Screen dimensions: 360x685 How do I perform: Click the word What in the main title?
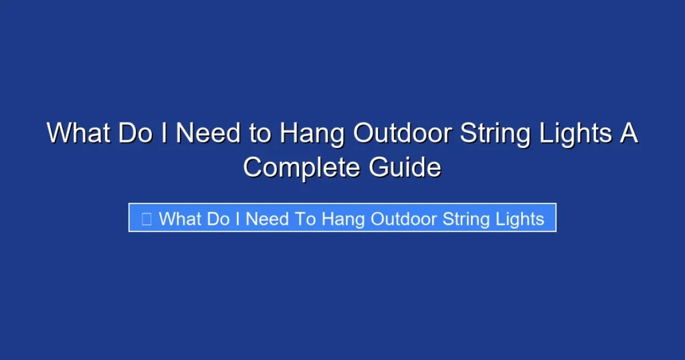point(78,134)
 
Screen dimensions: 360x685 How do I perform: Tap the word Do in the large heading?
point(136,134)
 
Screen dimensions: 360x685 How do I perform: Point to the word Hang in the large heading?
point(311,134)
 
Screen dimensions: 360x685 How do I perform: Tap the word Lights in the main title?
point(576,134)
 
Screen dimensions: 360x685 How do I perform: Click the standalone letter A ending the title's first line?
point(629,134)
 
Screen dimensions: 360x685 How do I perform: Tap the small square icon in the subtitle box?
point(146,219)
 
